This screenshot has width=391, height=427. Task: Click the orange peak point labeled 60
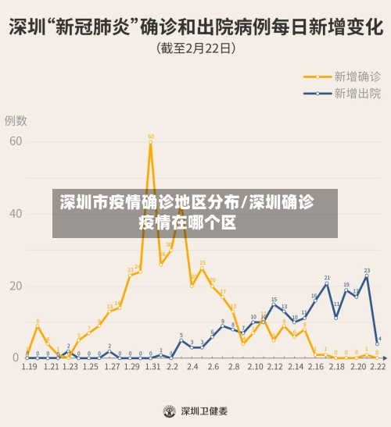pyautogui.click(x=151, y=143)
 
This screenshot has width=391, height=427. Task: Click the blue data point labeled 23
pyautogui.click(x=367, y=276)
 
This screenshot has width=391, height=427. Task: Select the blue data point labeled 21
pyautogui.click(x=327, y=283)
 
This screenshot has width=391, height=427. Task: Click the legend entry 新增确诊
pyautogui.click(x=357, y=77)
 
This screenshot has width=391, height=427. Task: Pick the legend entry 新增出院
pyautogui.click(x=357, y=94)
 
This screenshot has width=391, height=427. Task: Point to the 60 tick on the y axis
pyautogui.click(x=15, y=142)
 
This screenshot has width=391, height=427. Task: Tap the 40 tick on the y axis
pyautogui.click(x=15, y=214)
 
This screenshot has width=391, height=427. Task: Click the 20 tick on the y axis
pyautogui.click(x=15, y=286)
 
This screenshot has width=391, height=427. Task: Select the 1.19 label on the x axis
pyautogui.click(x=29, y=366)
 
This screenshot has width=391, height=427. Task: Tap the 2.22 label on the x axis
pyautogui.click(x=378, y=366)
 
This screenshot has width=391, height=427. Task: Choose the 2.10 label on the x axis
pyautogui.click(x=256, y=366)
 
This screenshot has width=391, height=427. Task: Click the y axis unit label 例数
pyautogui.click(x=16, y=121)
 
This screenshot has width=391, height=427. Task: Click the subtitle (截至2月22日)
pyautogui.click(x=196, y=48)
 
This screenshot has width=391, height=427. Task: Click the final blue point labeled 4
pyautogui.click(x=377, y=343)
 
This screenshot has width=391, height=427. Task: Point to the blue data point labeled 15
pyautogui.click(x=274, y=304)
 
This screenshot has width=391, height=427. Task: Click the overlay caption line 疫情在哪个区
pyautogui.click(x=187, y=223)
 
